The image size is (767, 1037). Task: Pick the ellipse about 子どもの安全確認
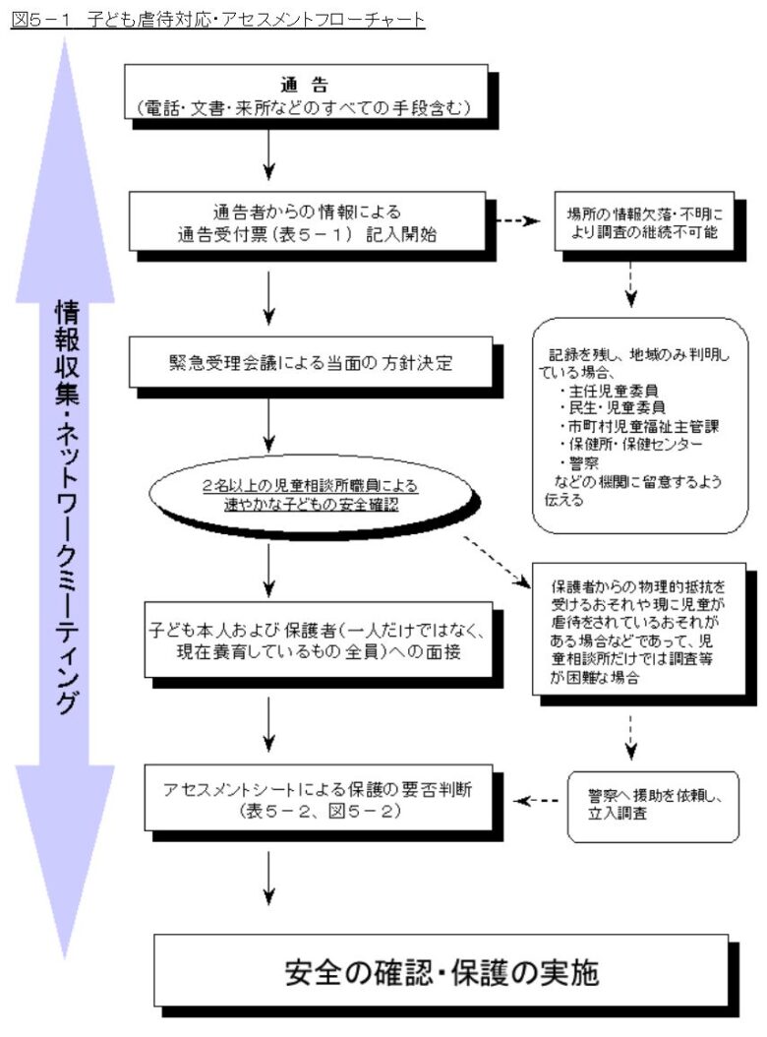point(311,495)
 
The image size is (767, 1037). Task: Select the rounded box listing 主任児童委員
point(640,425)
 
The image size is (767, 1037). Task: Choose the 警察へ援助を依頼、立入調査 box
point(653,806)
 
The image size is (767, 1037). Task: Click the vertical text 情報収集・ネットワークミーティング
point(66,506)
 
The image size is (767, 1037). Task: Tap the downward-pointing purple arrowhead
point(65,861)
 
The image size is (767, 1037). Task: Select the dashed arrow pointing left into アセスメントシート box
point(536,801)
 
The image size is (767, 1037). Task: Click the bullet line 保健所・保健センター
point(630,444)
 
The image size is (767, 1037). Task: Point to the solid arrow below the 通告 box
point(268,154)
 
